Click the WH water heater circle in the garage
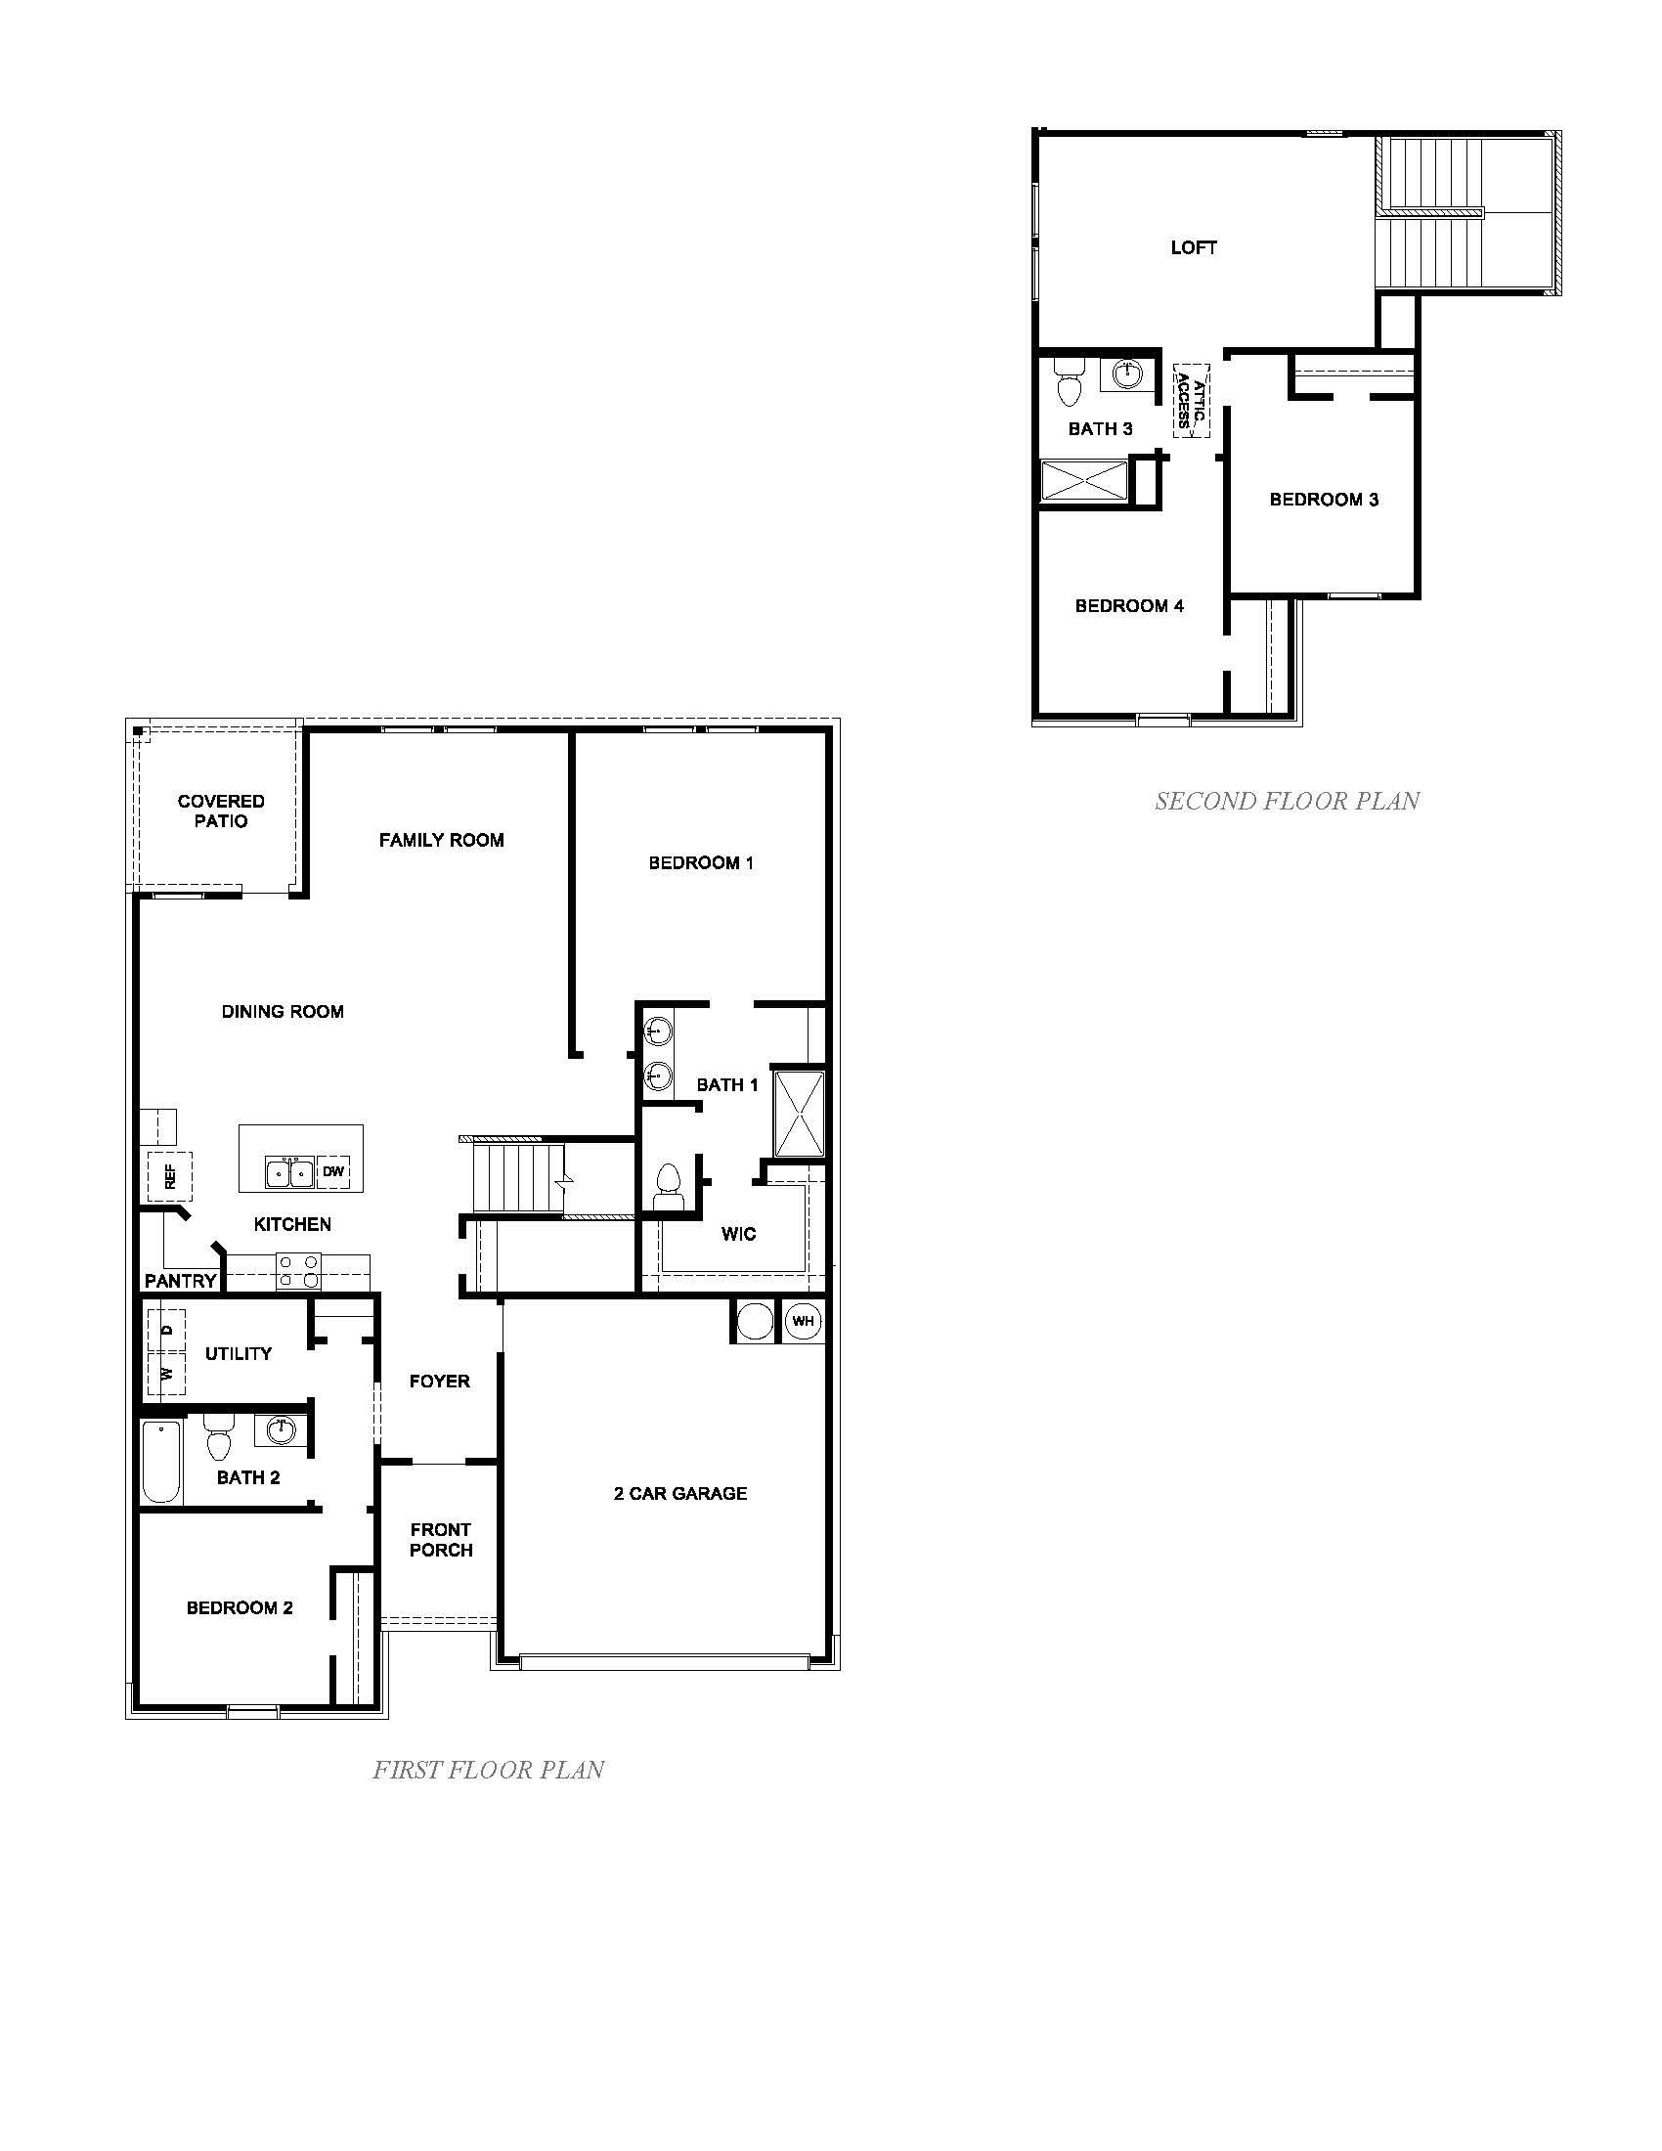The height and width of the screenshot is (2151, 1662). pos(803,1321)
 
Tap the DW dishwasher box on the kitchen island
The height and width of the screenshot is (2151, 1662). pos(333,1172)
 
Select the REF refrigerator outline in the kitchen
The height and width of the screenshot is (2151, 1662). pos(169,1176)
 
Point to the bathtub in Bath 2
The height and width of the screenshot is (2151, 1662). pos(161,1462)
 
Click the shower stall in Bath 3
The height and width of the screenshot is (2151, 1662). pos(1084,483)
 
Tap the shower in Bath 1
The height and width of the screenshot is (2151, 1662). pos(798,1113)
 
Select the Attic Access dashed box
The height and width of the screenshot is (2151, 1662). pos(1191,401)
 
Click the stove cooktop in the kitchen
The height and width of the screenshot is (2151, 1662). pos(298,1270)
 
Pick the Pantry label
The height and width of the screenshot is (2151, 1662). pos(180,1281)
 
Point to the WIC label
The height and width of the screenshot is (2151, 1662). pos(738,1234)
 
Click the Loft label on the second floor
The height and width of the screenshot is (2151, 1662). pos(1194,248)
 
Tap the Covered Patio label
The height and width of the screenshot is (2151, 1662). pos(221,812)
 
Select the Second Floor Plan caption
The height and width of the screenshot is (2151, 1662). pos(1287,802)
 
